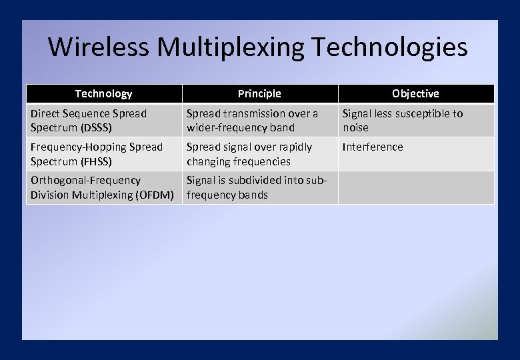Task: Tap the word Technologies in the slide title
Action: click(389, 47)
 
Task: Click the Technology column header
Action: click(103, 94)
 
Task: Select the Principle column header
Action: click(259, 94)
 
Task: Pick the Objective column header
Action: click(415, 94)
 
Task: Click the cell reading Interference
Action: click(373, 147)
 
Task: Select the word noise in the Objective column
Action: click(355, 127)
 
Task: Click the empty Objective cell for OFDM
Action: click(415, 187)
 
